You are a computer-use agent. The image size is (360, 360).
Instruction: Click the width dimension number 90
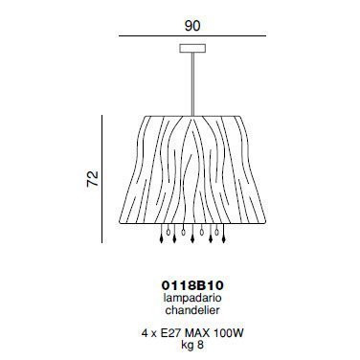pos(192,26)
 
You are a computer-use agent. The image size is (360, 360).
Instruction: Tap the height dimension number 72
pos(93,179)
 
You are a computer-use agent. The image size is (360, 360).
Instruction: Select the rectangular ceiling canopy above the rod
pos(192,48)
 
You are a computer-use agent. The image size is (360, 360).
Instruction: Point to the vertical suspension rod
pos(192,83)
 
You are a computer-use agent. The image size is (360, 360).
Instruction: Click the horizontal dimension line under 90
pos(192,36)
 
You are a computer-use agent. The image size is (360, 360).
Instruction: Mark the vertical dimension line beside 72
pos(101,179)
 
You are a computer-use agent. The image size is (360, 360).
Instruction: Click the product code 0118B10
pos(192,285)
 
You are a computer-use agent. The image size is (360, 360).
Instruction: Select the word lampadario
pos(192,298)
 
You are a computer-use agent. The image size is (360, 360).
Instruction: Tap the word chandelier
pos(192,310)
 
